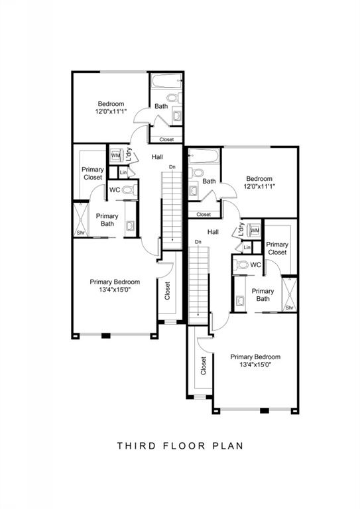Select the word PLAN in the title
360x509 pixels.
(228, 445)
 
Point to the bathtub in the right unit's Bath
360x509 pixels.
(204, 156)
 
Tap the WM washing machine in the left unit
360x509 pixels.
(116, 155)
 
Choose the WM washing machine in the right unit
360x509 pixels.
(255, 230)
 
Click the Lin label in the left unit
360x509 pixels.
(123, 172)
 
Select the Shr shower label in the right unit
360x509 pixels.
(290, 308)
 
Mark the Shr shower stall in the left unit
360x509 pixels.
(81, 220)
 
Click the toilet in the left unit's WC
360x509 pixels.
(131, 190)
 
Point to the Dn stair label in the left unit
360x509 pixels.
(172, 167)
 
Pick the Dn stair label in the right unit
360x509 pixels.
(198, 242)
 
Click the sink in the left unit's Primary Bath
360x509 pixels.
(131, 225)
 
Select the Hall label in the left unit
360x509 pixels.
(157, 157)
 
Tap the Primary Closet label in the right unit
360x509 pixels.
(277, 249)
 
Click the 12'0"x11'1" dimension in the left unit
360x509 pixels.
(111, 111)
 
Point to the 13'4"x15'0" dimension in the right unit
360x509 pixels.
(255, 365)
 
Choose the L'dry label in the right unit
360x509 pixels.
(241, 229)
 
